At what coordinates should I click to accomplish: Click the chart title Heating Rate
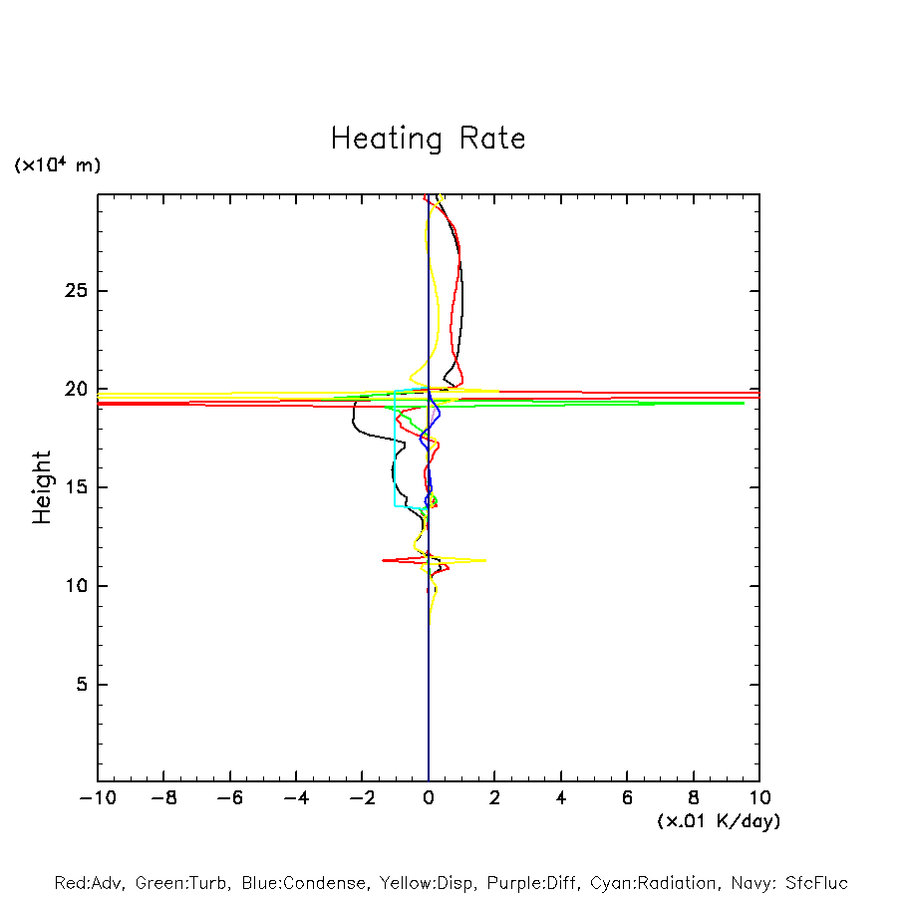point(428,139)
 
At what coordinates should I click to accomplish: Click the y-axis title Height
point(42,487)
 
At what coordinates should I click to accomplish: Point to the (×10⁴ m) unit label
point(57,165)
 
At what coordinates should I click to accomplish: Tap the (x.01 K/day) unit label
point(718,821)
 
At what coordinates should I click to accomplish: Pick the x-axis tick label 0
point(429,798)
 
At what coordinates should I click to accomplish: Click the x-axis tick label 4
point(561,798)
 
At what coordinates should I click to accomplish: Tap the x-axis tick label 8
point(694,798)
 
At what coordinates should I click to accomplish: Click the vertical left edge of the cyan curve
point(395,449)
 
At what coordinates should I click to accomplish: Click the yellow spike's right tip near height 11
point(484,560)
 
